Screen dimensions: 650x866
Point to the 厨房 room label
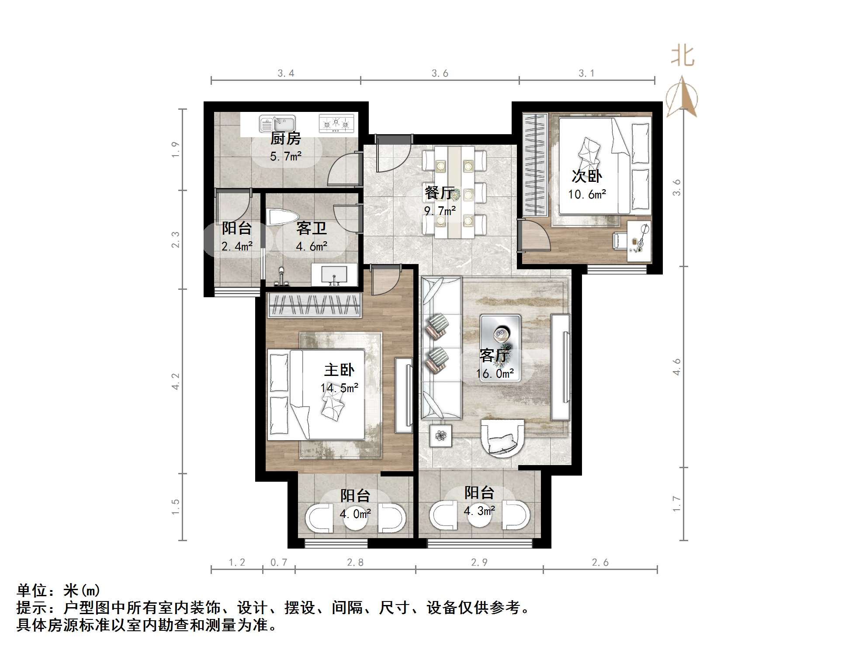tap(285, 139)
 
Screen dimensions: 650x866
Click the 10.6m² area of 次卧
tap(587, 194)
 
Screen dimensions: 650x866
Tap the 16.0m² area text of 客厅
tap(495, 373)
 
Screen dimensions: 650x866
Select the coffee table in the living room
tap(500, 348)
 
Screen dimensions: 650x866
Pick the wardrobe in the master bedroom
tap(314, 305)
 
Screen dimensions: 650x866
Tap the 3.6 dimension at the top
tap(440, 73)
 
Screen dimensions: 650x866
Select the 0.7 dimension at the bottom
tap(279, 562)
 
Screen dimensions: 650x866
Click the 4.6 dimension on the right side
tap(676, 366)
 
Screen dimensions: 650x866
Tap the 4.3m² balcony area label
tap(479, 511)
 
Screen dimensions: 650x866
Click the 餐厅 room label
tap(439, 192)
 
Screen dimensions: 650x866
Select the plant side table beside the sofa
tap(440, 435)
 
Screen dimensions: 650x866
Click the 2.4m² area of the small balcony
tap(237, 246)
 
